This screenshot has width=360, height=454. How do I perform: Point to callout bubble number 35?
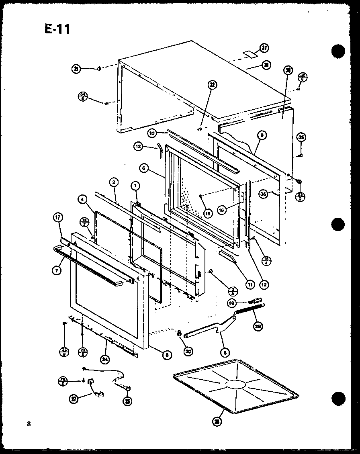click(x=301, y=138)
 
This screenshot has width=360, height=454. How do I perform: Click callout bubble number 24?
click(x=105, y=359)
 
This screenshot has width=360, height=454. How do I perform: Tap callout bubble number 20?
click(x=188, y=351)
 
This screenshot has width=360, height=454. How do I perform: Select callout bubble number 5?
click(x=225, y=353)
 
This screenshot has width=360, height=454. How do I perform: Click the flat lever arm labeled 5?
click(x=205, y=329)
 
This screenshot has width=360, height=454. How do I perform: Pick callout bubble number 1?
click(x=135, y=186)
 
